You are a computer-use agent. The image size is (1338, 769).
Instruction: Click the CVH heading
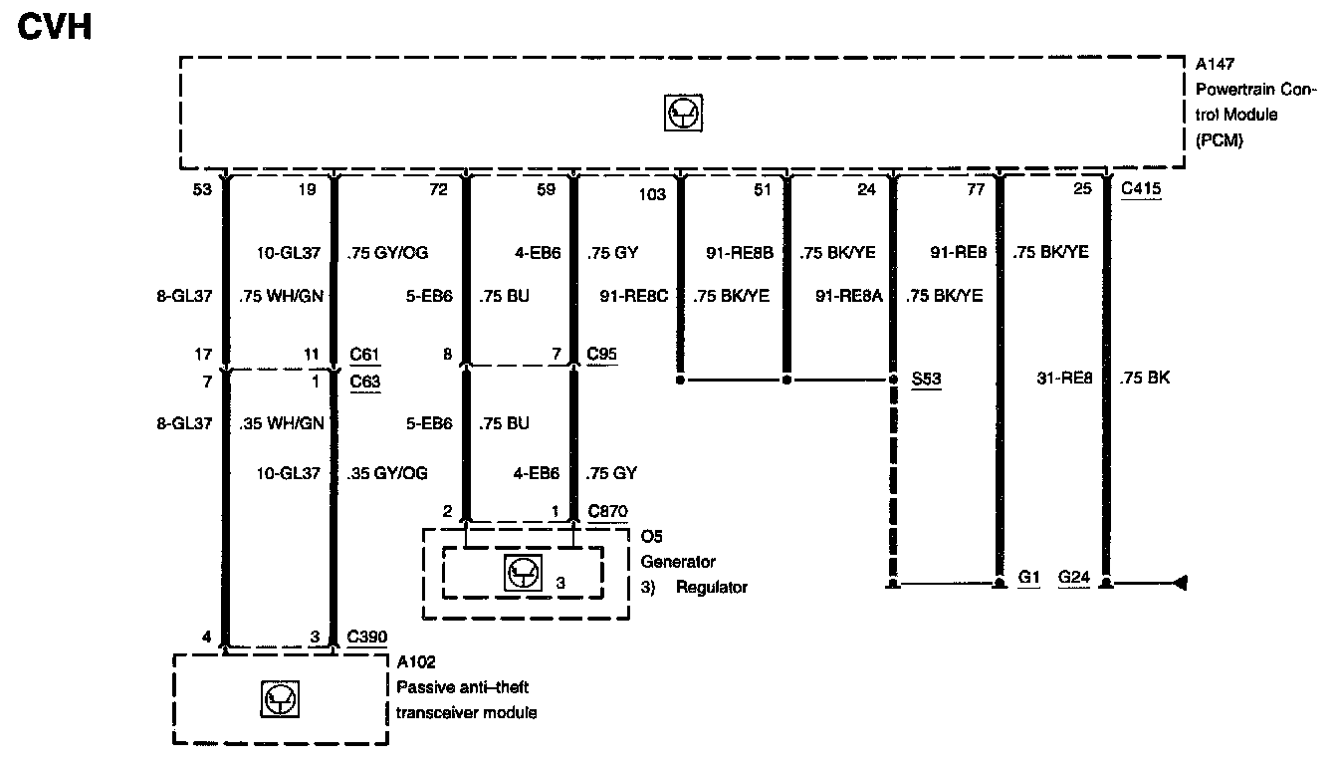click(56, 28)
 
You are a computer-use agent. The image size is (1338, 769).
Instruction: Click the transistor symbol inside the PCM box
click(683, 115)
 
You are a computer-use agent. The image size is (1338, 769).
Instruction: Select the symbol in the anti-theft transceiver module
click(278, 699)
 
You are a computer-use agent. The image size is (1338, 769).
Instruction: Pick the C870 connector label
click(607, 511)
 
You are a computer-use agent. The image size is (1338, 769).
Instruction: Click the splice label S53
click(927, 380)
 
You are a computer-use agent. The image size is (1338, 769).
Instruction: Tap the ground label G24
click(1074, 578)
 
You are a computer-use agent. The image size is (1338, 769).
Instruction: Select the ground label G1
click(1029, 578)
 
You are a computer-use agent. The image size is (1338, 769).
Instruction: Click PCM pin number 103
click(653, 195)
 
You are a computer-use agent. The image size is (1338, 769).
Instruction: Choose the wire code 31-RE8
click(1065, 379)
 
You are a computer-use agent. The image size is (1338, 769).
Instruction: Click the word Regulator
click(711, 587)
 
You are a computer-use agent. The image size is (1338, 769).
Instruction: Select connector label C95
click(600, 354)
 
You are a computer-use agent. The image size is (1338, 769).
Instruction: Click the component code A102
click(415, 661)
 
